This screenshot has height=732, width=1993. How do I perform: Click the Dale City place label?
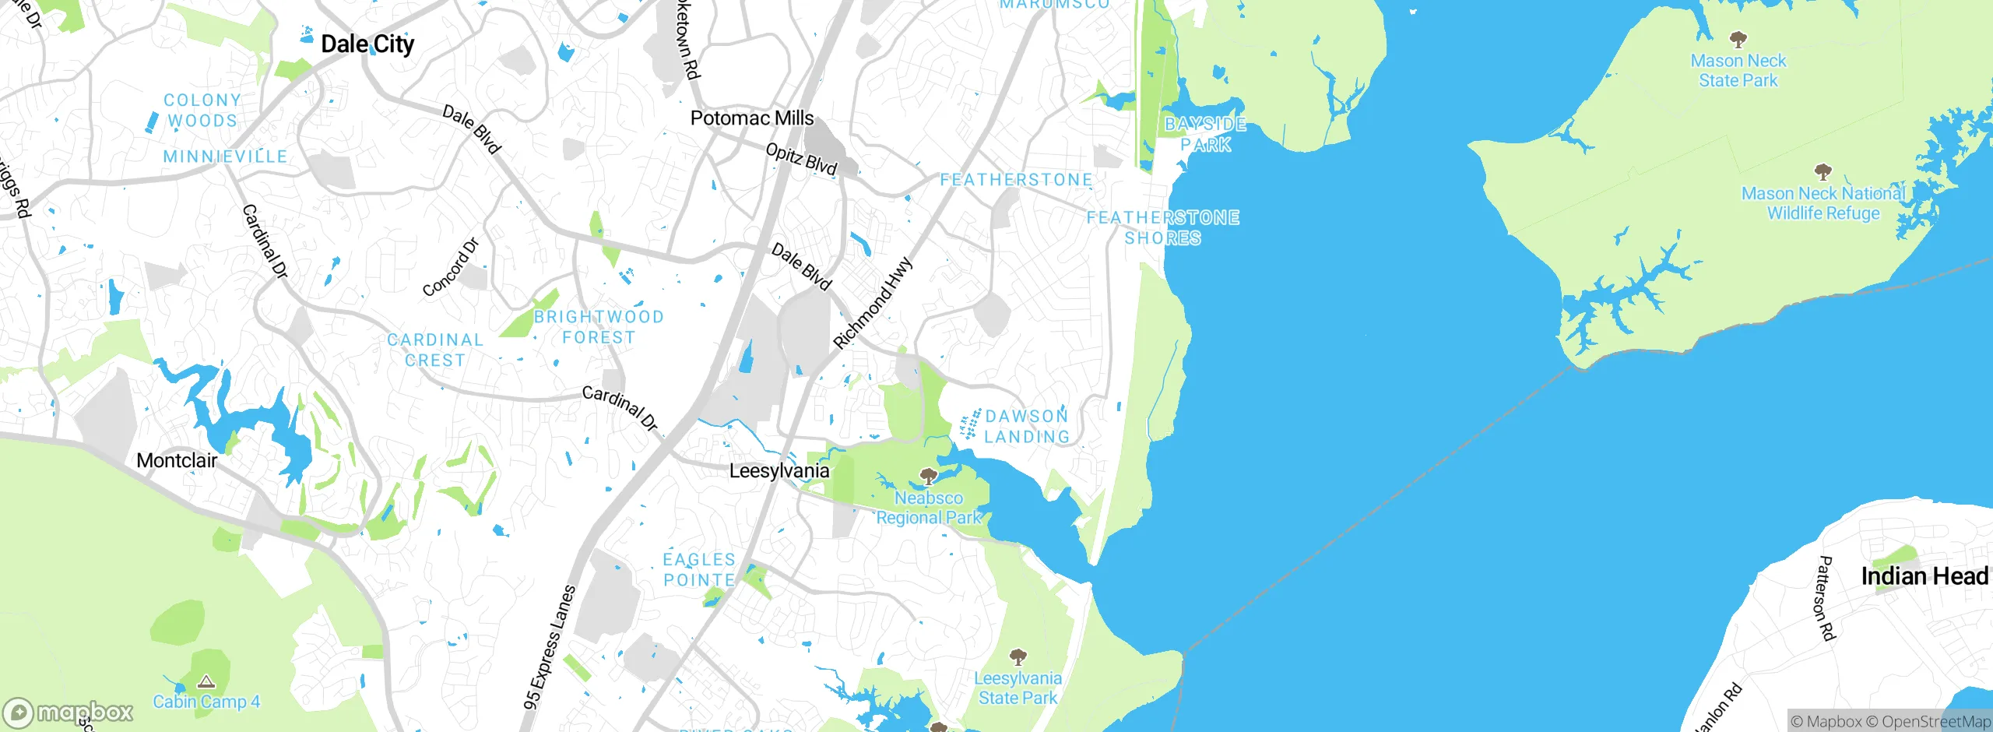click(x=367, y=44)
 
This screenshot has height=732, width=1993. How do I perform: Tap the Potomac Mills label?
click(x=751, y=118)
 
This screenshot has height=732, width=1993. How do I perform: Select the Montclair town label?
click(x=177, y=460)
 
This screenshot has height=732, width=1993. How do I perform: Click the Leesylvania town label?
click(x=779, y=471)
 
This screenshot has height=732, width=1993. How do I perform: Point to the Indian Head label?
click(x=1924, y=576)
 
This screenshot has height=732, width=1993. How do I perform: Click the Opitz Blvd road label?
click(x=801, y=159)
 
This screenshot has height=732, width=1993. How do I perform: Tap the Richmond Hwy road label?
click(x=872, y=303)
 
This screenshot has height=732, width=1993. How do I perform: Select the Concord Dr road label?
click(x=451, y=268)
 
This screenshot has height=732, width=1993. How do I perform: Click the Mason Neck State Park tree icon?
click(x=1738, y=39)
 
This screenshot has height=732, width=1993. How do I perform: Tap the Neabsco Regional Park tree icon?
click(x=927, y=476)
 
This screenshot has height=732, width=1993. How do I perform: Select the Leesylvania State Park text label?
click(x=1018, y=688)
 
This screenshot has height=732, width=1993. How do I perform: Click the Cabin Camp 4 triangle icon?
click(x=206, y=682)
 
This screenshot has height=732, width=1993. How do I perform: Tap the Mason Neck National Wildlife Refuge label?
click(x=1823, y=203)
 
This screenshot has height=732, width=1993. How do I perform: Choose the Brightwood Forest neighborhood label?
click(x=598, y=327)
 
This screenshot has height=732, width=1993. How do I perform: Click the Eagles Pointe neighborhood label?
click(x=698, y=569)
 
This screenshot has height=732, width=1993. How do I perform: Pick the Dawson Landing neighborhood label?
click(x=1026, y=427)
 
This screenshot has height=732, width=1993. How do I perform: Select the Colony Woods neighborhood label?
click(x=202, y=111)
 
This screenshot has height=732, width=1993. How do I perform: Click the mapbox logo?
click(x=68, y=712)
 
